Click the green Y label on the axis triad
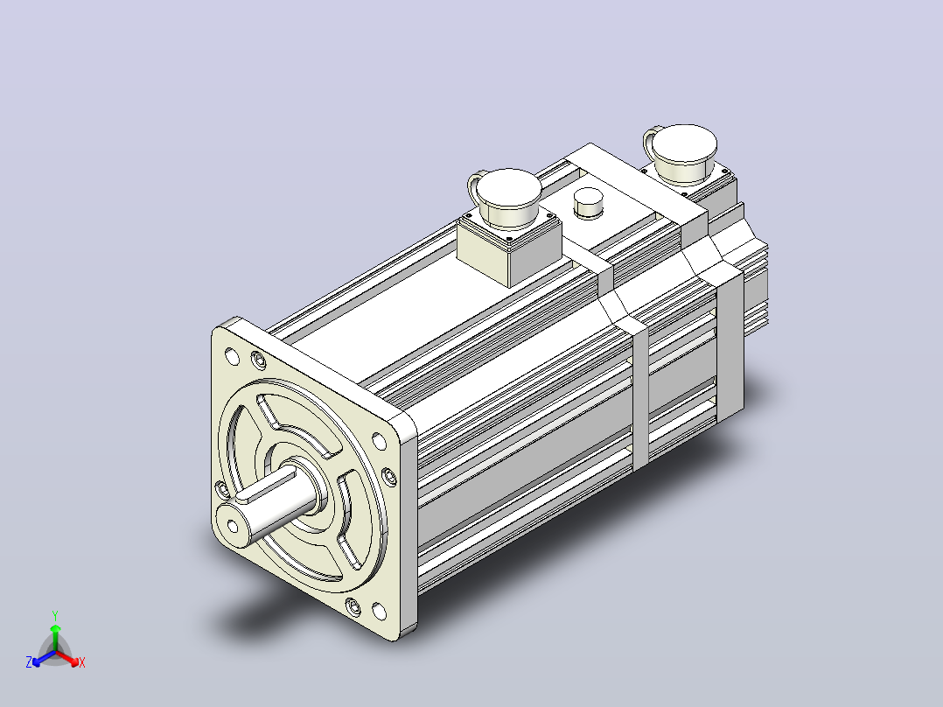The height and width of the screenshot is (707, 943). coord(55,615)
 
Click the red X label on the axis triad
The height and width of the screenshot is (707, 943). coord(82,662)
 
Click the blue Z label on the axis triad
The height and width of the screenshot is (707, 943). coord(29,662)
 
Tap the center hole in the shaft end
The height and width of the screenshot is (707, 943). coord(233,527)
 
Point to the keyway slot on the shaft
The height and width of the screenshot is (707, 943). coord(265,486)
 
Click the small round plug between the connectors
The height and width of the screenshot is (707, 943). coord(588,202)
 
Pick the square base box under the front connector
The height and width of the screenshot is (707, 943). coord(509,249)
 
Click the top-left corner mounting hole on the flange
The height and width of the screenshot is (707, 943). coord(232,357)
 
